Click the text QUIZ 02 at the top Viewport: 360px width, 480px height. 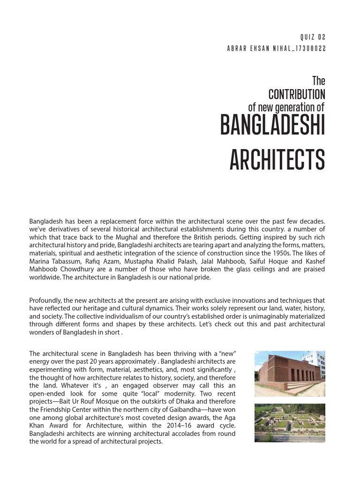click(312, 37)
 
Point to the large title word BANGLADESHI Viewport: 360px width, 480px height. click(272, 127)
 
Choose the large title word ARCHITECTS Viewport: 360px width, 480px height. click(277, 160)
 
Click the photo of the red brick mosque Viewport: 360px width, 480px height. click(289, 374)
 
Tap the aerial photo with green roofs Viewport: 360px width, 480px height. click(289, 423)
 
